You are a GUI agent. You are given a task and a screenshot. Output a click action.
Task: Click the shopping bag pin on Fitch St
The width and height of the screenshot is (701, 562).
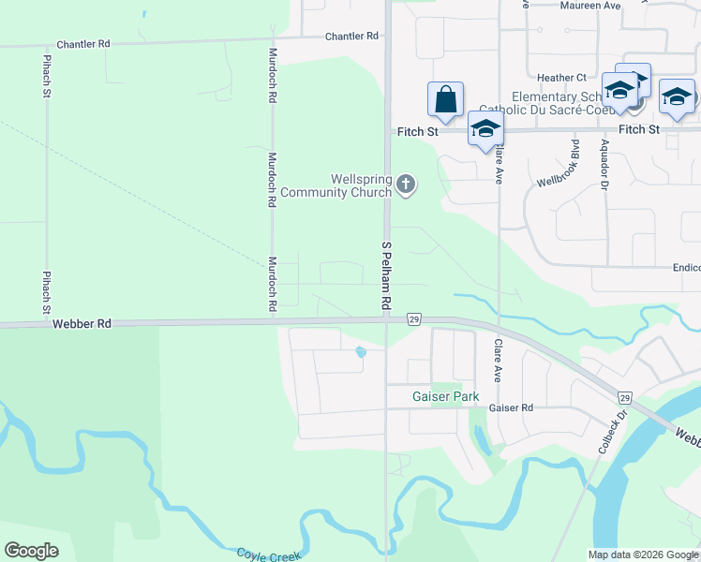(445, 99)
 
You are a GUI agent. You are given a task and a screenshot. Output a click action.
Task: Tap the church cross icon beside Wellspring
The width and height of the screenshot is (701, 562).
(406, 184)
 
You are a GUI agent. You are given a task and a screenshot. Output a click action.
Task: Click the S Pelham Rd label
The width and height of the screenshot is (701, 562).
(384, 276)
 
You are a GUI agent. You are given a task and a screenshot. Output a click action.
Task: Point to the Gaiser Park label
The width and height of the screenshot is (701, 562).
(446, 396)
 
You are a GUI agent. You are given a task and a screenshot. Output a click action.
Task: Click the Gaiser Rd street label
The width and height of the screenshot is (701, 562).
(511, 408)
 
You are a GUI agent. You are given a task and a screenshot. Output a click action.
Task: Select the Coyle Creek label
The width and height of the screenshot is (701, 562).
(268, 555)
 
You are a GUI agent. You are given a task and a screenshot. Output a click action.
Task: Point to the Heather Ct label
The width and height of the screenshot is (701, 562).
(562, 78)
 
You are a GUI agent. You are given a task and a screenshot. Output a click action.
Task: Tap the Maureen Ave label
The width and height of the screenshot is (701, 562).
(590, 6)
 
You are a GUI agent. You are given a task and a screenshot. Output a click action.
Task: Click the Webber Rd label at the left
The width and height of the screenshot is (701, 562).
(82, 323)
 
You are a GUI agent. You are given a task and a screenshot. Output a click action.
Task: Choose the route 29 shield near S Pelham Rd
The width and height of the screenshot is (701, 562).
(413, 319)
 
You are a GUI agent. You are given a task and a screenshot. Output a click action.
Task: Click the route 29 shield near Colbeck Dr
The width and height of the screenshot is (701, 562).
(625, 397)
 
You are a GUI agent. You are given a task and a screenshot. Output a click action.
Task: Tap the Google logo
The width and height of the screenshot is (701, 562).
(31, 551)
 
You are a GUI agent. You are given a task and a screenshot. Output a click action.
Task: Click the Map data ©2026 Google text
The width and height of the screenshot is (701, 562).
(642, 555)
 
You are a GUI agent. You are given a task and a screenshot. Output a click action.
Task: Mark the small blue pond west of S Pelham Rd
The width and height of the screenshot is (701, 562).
(360, 353)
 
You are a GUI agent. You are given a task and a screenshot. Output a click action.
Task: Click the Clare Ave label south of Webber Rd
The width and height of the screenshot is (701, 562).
(499, 359)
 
